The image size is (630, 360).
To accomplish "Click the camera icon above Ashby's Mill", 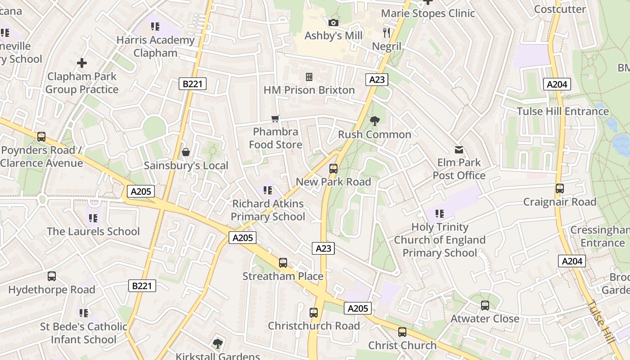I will [x=333, y=22].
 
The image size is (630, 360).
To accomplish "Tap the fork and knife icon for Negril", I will [x=387, y=33].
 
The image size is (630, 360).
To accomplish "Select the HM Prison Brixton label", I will [x=309, y=90].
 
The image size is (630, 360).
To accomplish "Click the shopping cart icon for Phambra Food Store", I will [x=275, y=119].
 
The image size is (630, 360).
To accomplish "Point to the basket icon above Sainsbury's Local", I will [x=186, y=153].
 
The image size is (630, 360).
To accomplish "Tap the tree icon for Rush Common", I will [x=374, y=121].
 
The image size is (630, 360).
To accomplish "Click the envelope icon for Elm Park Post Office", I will [x=459, y=149].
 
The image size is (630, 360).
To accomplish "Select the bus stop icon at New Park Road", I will [x=333, y=169].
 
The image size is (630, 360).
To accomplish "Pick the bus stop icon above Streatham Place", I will [x=283, y=263].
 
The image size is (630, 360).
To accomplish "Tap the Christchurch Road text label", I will [x=314, y=326].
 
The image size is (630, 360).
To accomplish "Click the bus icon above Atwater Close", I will [x=485, y=306].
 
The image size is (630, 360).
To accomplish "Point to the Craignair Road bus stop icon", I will [x=560, y=189].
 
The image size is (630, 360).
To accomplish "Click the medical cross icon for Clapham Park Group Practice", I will [x=82, y=63].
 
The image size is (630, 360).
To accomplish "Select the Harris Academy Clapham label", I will [x=155, y=46].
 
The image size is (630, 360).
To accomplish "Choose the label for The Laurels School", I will [x=93, y=231].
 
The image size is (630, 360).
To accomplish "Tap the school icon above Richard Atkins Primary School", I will [x=268, y=190].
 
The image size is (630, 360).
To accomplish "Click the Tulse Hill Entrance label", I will [x=562, y=111].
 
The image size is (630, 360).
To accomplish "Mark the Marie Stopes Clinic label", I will [x=428, y=13].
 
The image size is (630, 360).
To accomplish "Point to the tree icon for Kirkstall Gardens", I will [x=218, y=344].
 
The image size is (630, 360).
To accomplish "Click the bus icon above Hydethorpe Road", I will [x=52, y=276].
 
